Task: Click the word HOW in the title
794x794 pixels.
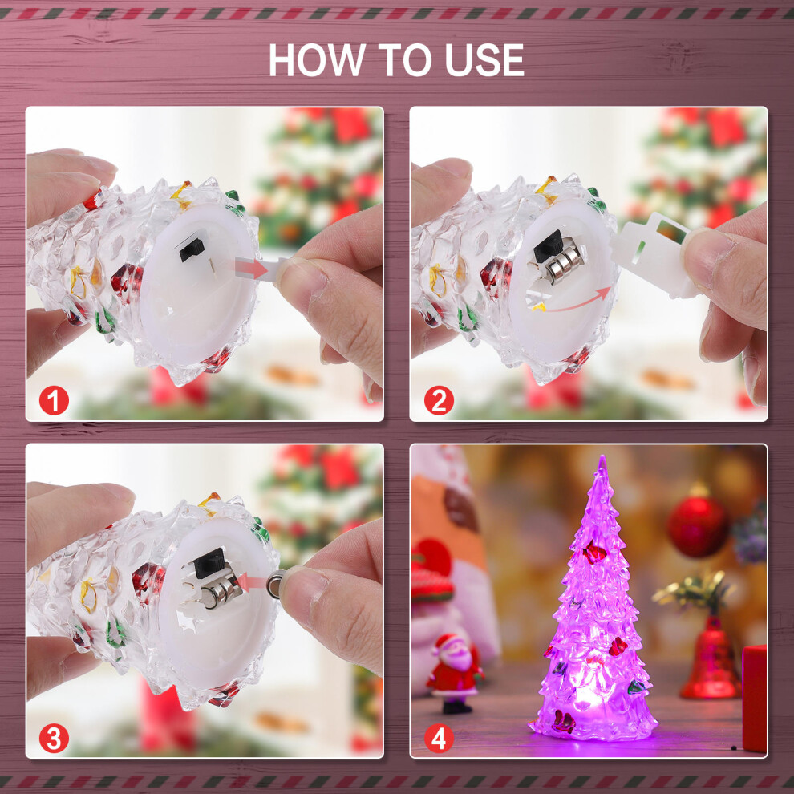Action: [317, 60]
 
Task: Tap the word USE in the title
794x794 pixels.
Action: [484, 60]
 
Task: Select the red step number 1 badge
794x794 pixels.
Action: [54, 400]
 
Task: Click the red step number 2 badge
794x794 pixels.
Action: [439, 400]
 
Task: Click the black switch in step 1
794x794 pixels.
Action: [192, 246]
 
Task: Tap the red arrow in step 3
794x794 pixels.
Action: [252, 581]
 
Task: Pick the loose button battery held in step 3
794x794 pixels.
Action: [277, 583]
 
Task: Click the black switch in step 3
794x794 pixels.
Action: [209, 562]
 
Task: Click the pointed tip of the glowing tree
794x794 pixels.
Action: [602, 456]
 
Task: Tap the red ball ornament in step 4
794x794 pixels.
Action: [698, 525]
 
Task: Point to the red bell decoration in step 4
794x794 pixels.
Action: [711, 658]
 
